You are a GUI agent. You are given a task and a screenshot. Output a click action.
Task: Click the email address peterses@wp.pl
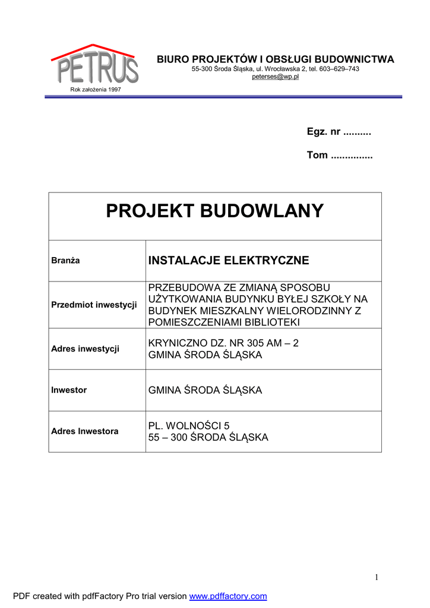pyautogui.click(x=275, y=77)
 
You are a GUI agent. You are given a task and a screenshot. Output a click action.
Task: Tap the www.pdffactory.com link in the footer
pyautogui.click(x=228, y=596)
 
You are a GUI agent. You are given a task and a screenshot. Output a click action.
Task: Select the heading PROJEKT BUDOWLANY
pyautogui.click(x=215, y=211)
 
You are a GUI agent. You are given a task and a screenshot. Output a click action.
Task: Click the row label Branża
pyautogui.click(x=65, y=261)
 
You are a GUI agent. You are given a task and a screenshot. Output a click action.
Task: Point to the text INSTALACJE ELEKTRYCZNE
pyautogui.click(x=229, y=261)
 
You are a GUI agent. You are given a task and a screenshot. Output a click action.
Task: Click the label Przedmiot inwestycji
pyautogui.click(x=94, y=305)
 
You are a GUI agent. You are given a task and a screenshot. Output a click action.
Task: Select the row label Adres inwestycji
pyautogui.click(x=85, y=349)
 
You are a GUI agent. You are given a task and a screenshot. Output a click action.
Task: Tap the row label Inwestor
pyautogui.click(x=69, y=390)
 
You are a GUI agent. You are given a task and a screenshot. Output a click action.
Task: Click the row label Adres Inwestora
pyautogui.click(x=84, y=431)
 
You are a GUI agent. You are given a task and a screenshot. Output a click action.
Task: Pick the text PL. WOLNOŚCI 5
pyautogui.click(x=188, y=426)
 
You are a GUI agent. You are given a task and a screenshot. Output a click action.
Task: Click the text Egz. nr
pyautogui.click(x=324, y=132)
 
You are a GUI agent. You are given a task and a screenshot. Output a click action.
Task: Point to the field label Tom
pyautogui.click(x=317, y=155)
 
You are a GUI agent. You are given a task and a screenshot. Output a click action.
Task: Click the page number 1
pyautogui.click(x=377, y=577)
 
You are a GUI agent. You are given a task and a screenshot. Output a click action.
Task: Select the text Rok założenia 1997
pyautogui.click(x=96, y=90)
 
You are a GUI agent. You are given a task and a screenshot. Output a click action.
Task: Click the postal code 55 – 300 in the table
pyautogui.click(x=167, y=438)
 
